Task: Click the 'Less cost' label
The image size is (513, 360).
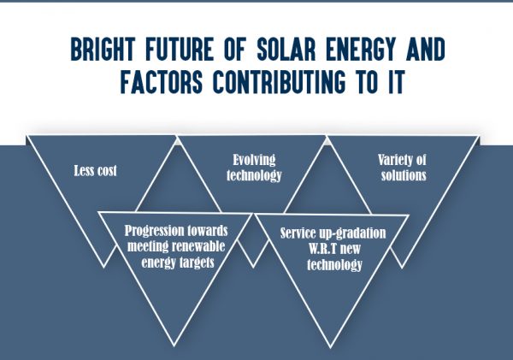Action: (x=95, y=170)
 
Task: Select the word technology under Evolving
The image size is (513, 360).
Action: (x=252, y=175)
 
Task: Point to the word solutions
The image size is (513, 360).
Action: (x=403, y=175)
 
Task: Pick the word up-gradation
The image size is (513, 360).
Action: (x=358, y=233)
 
